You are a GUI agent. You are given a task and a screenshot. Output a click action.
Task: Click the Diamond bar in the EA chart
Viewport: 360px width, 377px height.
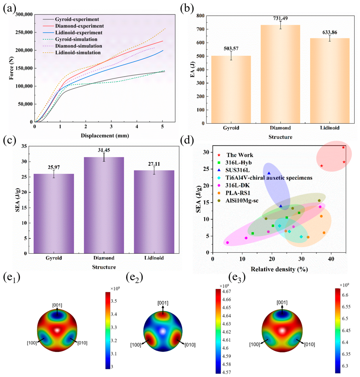(x=280, y=74)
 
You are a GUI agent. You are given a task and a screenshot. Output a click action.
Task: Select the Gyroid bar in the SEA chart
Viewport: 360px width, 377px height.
(x=54, y=213)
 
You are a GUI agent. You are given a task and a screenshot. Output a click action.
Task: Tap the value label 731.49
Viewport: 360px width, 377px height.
(x=280, y=18)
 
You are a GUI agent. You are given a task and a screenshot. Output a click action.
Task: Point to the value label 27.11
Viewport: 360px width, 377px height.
(x=154, y=164)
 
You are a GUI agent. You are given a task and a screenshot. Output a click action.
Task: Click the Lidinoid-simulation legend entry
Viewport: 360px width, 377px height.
(x=72, y=53)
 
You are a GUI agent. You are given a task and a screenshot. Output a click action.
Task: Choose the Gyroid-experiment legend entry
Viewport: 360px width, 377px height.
(x=71, y=19)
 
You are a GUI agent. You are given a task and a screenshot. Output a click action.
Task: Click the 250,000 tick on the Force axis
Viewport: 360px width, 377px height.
(x=24, y=32)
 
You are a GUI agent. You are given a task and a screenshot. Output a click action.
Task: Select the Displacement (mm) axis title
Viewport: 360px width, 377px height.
(x=105, y=135)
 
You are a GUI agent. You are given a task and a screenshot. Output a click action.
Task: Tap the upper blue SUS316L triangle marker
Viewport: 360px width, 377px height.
(x=269, y=173)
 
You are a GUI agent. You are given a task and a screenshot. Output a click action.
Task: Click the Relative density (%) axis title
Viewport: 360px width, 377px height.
(x=279, y=269)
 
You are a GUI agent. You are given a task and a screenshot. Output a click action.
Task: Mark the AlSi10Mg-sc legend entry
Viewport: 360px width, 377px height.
(x=238, y=201)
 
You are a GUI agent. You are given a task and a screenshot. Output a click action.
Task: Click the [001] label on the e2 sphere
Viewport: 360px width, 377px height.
(x=163, y=303)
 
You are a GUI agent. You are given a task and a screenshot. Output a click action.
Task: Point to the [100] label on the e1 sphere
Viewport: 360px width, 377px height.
(x=32, y=343)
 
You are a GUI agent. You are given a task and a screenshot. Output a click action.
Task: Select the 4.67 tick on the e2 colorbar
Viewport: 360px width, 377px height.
(x=226, y=291)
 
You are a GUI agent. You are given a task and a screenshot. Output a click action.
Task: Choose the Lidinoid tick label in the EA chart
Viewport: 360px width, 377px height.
(x=330, y=128)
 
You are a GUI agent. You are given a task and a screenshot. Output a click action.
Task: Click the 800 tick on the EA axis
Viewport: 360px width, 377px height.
(x=200, y=16)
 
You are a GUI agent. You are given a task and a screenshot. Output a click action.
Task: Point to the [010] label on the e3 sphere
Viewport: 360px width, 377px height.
(x=309, y=345)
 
